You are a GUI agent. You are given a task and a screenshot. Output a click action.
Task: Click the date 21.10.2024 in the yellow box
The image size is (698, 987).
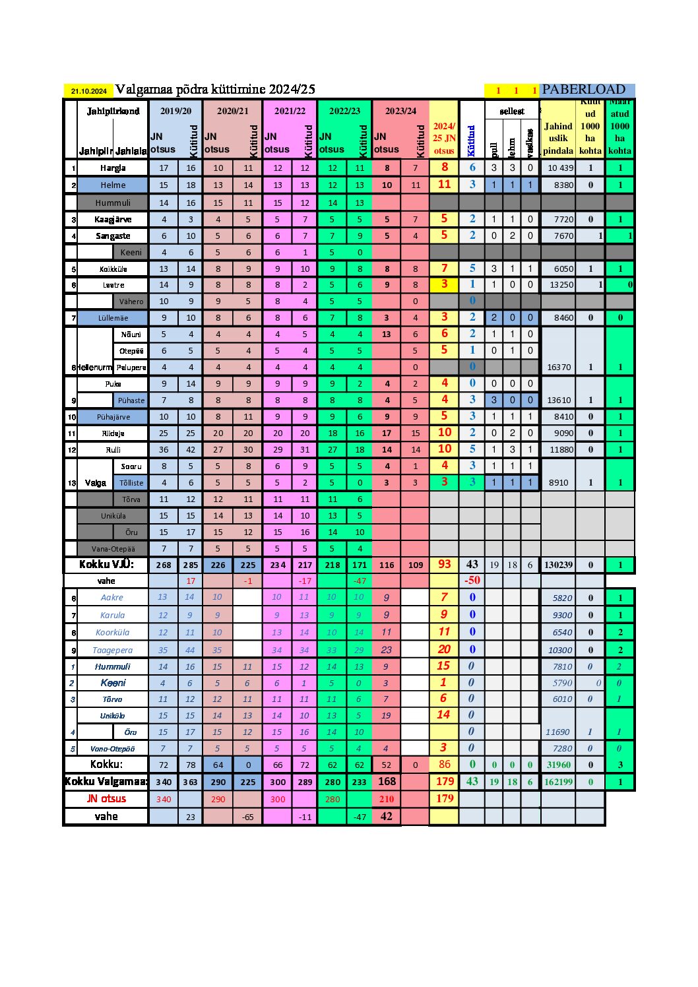(89, 91)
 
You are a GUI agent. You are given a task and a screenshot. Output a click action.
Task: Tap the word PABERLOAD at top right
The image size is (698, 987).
(583, 90)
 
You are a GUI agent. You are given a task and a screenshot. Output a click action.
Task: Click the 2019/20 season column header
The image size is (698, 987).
(175, 111)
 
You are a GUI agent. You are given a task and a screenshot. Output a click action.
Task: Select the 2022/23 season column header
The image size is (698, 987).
(344, 111)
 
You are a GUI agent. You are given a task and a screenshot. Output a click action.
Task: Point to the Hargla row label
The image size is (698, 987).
(113, 168)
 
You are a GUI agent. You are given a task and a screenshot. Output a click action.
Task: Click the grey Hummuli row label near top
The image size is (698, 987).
(113, 203)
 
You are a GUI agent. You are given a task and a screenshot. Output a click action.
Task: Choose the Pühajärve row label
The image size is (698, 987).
(113, 417)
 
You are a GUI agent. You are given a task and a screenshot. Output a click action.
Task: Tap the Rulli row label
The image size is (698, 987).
(113, 450)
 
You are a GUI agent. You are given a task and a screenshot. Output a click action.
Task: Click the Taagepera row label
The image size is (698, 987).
(112, 650)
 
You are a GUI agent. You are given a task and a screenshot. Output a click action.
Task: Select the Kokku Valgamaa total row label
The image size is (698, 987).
(106, 782)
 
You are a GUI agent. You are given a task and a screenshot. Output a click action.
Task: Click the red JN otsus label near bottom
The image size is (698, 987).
(106, 798)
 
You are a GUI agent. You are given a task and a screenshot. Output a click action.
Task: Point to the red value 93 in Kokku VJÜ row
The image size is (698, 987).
(445, 565)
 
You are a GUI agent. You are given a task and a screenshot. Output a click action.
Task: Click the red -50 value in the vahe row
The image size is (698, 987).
(472, 581)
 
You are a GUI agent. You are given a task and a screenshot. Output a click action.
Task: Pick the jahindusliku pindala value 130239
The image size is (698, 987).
(558, 565)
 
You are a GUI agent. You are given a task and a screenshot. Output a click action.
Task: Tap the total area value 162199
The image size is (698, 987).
(558, 782)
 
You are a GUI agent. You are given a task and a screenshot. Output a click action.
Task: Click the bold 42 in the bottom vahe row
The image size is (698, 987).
(387, 816)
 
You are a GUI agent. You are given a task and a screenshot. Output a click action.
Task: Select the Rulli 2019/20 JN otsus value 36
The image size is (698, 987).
(164, 450)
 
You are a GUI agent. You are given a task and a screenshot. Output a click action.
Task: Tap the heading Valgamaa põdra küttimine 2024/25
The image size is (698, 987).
(215, 90)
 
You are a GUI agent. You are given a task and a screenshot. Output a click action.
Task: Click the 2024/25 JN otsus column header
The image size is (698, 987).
(444, 138)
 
